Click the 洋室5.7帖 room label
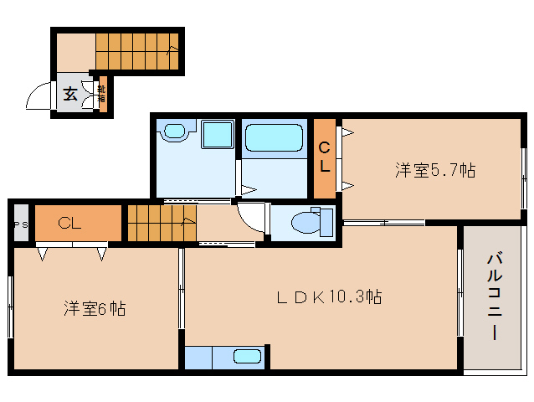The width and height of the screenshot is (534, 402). tap(435, 171)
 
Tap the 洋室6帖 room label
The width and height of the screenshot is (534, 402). tap(95, 308)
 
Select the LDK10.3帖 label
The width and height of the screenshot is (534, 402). tap(330, 296)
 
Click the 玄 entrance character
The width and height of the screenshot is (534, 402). tap(70, 94)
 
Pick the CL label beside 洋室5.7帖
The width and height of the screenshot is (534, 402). tap(324, 157)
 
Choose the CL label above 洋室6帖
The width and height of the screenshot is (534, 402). tap(69, 224)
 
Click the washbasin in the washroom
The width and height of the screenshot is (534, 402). tap(175, 131)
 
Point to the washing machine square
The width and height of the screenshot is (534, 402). tap(217, 135)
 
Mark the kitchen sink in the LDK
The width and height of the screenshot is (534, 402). tap(246, 356)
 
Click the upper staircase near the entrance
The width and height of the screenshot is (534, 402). tap(135, 51)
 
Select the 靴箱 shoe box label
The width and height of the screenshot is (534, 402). tap(101, 93)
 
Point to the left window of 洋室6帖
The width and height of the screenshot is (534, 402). tap(11, 307)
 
